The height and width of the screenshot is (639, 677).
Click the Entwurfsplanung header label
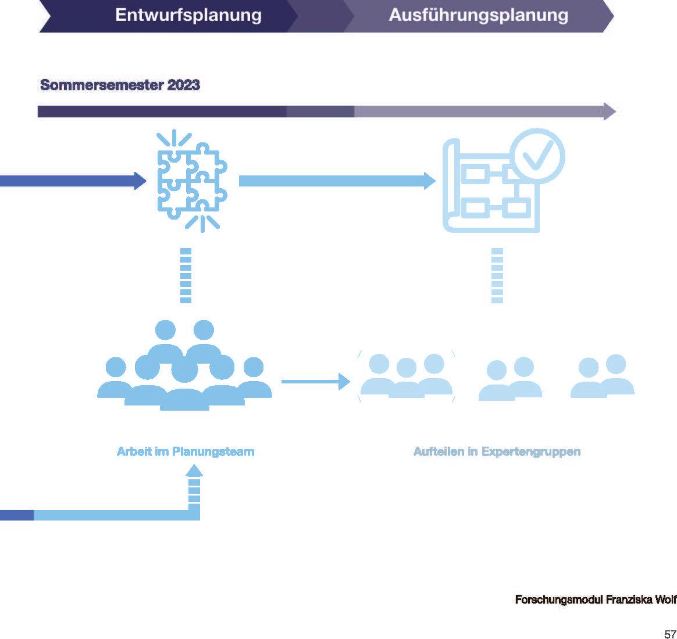pyautogui.click(x=188, y=15)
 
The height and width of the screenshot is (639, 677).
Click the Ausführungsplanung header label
pyautogui.click(x=478, y=15)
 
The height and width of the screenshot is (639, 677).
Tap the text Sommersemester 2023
pyautogui.click(x=120, y=85)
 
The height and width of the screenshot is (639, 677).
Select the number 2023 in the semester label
pyautogui.click(x=183, y=85)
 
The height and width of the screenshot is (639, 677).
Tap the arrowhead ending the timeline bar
pyautogui.click(x=609, y=111)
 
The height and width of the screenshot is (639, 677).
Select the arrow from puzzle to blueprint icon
pyautogui.click(x=337, y=181)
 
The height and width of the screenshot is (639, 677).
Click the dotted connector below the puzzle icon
pyautogui.click(x=186, y=275)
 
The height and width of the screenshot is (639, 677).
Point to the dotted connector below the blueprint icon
pyautogui.click(x=497, y=275)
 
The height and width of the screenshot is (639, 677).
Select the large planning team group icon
pyautogui.click(x=184, y=366)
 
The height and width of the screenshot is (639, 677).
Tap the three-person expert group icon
pyautogui.click(x=406, y=376)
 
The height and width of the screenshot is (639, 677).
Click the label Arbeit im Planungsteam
pyautogui.click(x=186, y=451)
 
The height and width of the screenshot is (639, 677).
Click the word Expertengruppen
pyautogui.click(x=531, y=451)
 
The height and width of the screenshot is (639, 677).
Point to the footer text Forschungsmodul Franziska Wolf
pyautogui.click(x=596, y=599)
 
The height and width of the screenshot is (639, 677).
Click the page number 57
pyautogui.click(x=669, y=634)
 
